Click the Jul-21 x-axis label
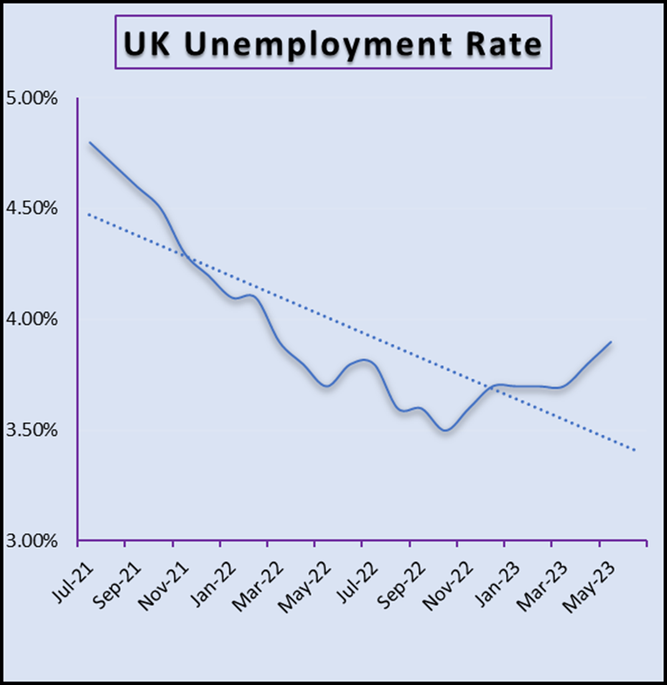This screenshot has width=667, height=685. pos(66,574)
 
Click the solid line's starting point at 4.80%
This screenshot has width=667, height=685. pos(90,142)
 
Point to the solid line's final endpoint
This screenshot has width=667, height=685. pos(611,341)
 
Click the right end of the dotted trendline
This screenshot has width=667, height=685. pos(635,450)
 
